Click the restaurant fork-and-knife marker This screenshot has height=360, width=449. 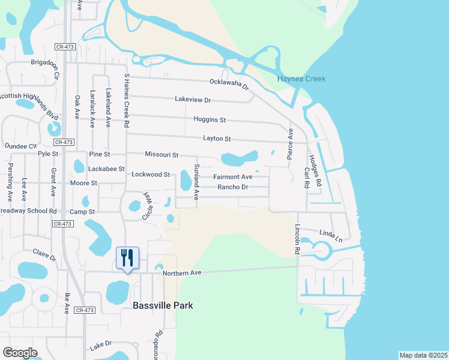tap(127, 258)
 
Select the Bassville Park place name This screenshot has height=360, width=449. tap(163, 305)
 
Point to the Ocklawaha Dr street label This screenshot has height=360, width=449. tap(229, 84)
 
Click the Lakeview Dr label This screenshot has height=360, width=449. tap(193, 100)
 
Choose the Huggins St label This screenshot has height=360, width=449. tap(209, 119)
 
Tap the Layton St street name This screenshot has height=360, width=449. tap(217, 139)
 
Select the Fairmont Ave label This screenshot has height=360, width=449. tap(233, 177)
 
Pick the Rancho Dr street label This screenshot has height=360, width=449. tap(233, 187)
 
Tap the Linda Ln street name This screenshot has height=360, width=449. tap(331, 236)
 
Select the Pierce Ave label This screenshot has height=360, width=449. tap(291, 142)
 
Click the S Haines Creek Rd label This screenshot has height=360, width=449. tap(127, 101)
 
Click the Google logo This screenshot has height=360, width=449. tap(20, 352)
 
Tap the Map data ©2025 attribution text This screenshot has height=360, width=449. tap(423, 355)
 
